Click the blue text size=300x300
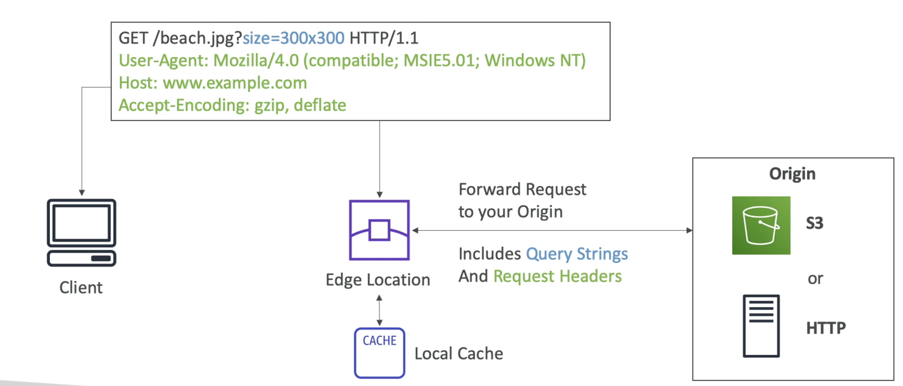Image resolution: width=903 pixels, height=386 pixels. click(294, 38)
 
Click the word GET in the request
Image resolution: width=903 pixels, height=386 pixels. click(133, 38)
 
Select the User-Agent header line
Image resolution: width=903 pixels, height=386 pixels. click(352, 61)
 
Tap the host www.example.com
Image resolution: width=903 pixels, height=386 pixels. click(235, 83)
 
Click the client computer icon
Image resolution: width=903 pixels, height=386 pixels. click(82, 232)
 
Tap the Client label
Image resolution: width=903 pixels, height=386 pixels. click(81, 288)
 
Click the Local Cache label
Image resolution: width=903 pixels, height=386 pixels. click(459, 354)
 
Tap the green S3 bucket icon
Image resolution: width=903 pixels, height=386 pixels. click(761, 225)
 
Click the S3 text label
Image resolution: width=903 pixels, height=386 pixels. click(815, 223)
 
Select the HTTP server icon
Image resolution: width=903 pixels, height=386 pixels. click(761, 326)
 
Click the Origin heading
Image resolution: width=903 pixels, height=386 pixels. click(792, 174)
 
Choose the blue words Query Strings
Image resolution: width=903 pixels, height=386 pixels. click(577, 254)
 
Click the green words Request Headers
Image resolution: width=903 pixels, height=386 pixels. click(558, 276)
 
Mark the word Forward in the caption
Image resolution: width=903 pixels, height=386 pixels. click(490, 189)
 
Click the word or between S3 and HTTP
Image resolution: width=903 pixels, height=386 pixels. click(815, 279)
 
